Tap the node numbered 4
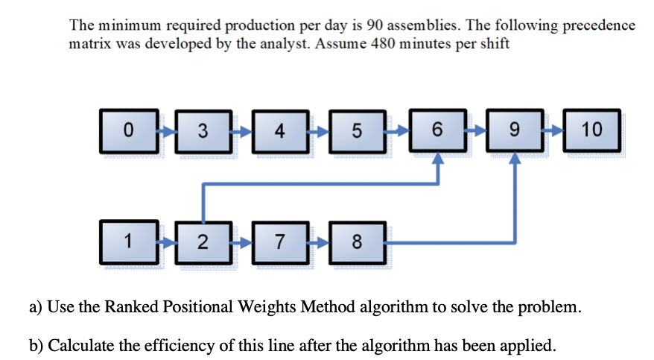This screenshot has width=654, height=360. (x=279, y=131)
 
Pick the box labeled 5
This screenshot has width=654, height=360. (x=355, y=131)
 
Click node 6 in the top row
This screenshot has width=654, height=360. (x=438, y=131)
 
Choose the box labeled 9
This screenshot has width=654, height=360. (x=514, y=131)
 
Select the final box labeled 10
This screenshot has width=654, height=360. (x=592, y=131)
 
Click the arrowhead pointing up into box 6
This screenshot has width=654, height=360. (x=439, y=159)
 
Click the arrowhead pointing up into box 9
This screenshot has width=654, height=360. (x=515, y=159)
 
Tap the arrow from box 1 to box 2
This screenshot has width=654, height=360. (x=166, y=240)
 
